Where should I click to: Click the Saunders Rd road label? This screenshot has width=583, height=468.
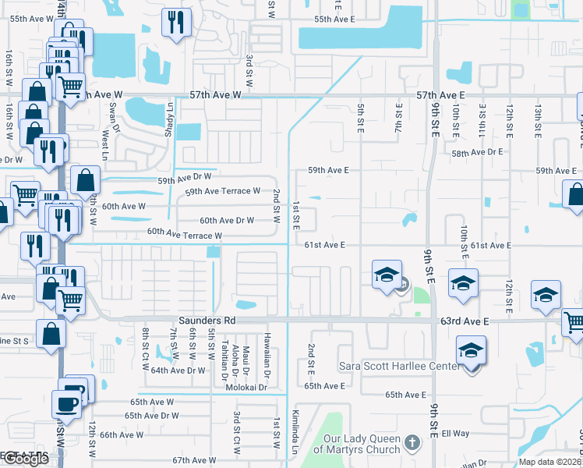pyautogui.click(x=207, y=321)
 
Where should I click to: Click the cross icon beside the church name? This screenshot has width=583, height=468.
pyautogui.click(x=412, y=443)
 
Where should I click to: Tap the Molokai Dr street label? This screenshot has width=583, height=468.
pyautogui.click(x=247, y=387)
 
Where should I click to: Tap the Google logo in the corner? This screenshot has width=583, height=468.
pyautogui.click(x=25, y=459)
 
